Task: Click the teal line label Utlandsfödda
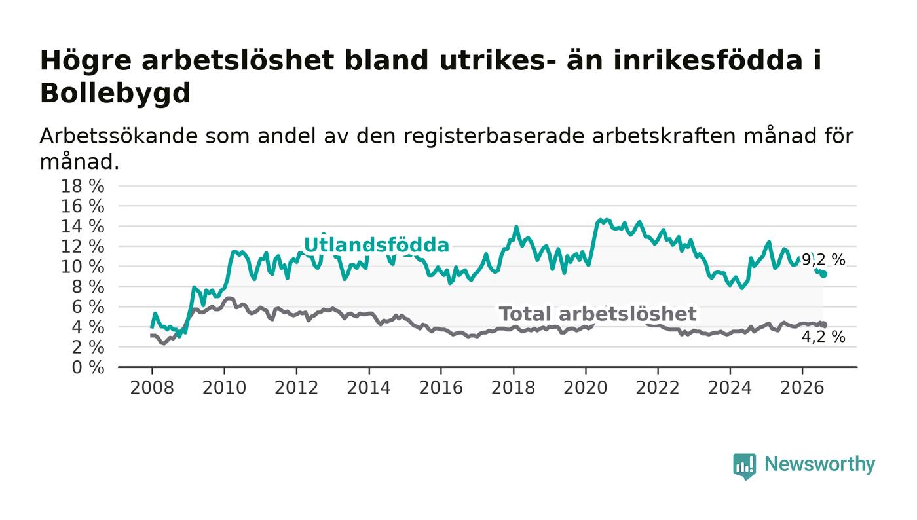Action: pyautogui.click(x=376, y=245)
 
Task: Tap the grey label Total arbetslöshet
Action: pyautogui.click(x=597, y=314)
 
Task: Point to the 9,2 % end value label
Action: pyautogui.click(x=823, y=259)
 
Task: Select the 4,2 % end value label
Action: pyautogui.click(x=823, y=337)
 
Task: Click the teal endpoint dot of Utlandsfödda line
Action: pyautogui.click(x=823, y=274)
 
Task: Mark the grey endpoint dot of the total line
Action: pyautogui.click(x=823, y=325)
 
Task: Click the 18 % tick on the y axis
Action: pyautogui.click(x=83, y=186)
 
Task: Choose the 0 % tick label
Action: pyautogui.click(x=88, y=367)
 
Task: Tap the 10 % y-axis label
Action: pyautogui.click(x=83, y=267)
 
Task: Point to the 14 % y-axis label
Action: pyautogui.click(x=83, y=226)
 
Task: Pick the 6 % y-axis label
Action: pyautogui.click(x=88, y=306)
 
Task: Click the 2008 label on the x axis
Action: pyautogui.click(x=152, y=388)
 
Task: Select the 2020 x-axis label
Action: pyautogui.click(x=586, y=388)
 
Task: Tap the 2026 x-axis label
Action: pyautogui.click(x=802, y=388)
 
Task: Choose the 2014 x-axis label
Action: pyautogui.click(x=369, y=388)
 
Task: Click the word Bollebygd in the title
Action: pyautogui.click(x=115, y=93)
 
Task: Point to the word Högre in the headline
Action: pyautogui.click(x=86, y=62)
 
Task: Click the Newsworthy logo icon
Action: pyautogui.click(x=745, y=466)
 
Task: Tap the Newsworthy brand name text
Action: pyautogui.click(x=819, y=464)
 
